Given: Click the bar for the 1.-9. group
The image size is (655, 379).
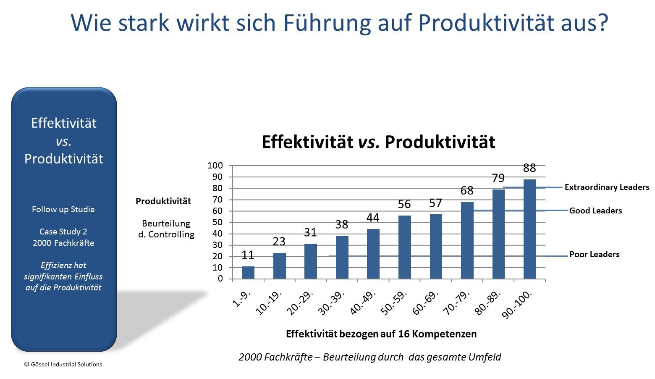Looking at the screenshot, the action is tap(248, 272).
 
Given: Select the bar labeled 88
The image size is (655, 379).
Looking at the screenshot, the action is tap(529, 229).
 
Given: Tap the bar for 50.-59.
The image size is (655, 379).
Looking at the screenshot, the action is tap(404, 247).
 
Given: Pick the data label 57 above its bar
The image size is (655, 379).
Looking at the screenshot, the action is tap(435, 203).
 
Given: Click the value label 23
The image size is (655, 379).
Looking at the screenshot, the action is tap(279, 242).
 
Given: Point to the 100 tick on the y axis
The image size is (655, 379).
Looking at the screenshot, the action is tap(215, 166).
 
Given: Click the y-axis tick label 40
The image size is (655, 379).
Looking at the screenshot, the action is tap(217, 234).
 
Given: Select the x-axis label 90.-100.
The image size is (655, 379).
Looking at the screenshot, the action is tap(517, 305).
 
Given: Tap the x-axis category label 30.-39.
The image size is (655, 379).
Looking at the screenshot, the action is tap(331, 303).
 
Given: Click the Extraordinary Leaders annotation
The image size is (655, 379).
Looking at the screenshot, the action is tap(607, 187).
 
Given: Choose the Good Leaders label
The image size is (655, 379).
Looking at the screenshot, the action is tap(595, 211).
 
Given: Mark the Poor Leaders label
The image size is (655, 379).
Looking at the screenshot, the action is tap(594, 254).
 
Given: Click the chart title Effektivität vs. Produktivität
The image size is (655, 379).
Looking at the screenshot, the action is tap(378, 142).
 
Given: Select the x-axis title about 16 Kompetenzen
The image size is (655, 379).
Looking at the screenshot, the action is tap(381, 334).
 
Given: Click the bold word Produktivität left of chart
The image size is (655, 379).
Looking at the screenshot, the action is tap(163, 201).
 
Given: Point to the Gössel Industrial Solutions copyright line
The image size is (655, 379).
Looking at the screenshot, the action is tap(63, 364).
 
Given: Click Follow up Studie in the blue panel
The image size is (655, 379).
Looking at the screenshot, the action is tap(63, 210).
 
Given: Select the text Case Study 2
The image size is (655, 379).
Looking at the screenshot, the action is tap(63, 232).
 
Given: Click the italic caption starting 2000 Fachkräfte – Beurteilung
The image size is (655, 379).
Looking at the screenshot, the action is tap(370, 357).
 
